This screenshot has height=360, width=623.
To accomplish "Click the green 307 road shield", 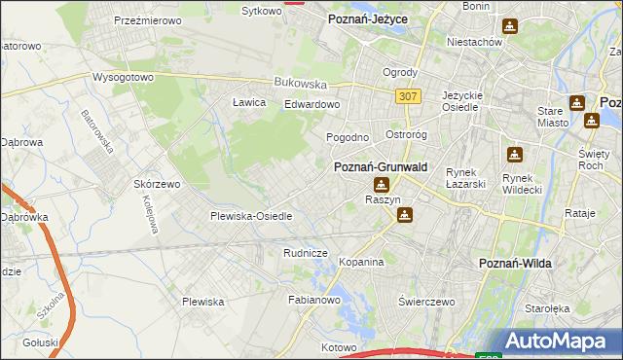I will (409, 95).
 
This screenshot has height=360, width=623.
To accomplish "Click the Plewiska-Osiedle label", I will (251, 216).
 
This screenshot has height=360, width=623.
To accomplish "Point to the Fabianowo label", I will (313, 301).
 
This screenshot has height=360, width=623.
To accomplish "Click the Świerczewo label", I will (426, 302).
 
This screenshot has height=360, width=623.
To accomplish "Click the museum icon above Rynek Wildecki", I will (515, 154).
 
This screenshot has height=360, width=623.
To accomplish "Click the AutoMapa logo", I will (558, 341).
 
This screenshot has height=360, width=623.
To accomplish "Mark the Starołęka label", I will (574, 308).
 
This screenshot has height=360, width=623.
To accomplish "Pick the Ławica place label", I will (249, 102).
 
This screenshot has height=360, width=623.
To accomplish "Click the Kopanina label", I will (361, 262).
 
